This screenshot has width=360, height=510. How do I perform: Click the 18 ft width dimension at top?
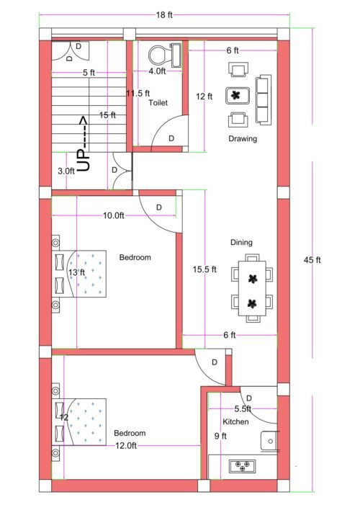[166, 14]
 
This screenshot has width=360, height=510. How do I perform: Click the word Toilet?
[158, 103]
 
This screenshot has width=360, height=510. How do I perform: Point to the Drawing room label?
[243, 139]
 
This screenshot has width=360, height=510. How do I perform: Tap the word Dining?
[240, 243]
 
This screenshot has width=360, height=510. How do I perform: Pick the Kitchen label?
[235, 421]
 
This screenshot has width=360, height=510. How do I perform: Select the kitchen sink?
[271, 441]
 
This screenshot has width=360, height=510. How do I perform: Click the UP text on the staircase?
[84, 159]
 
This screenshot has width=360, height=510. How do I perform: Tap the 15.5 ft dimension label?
[204, 269]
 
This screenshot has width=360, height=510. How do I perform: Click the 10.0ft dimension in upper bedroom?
[113, 215]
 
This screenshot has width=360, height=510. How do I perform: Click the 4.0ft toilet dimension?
[157, 71]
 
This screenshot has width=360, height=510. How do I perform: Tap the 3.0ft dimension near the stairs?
[66, 171]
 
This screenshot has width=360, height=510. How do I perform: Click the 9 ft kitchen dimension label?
[220, 436]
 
